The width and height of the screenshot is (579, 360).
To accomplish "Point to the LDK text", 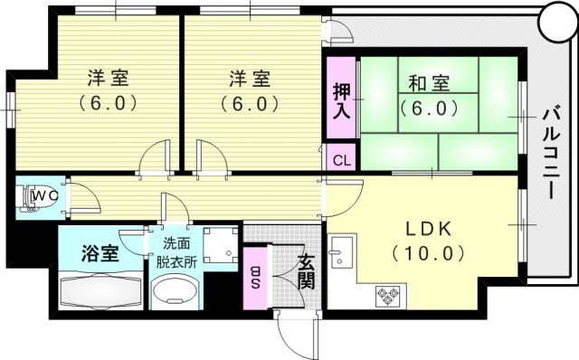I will coord(424,226).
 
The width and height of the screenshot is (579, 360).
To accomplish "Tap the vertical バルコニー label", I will coord(549,155).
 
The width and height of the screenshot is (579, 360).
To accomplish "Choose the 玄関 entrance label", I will coord(306,269).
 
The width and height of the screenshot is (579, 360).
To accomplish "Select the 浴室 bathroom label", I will coord(99,252).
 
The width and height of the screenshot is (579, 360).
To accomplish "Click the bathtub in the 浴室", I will coord(100,292).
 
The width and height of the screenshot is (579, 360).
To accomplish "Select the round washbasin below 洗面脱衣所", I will coord(177,292).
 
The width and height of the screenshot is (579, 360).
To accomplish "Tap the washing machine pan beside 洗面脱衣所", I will coord(220,244).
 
